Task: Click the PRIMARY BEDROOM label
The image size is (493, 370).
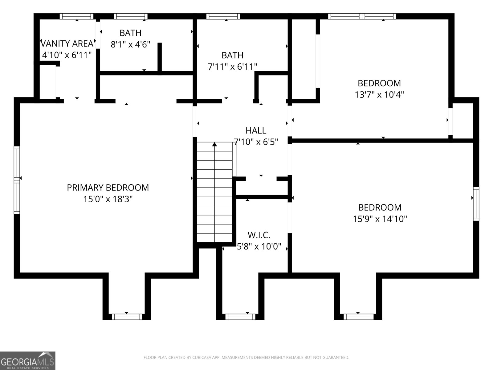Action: tap(108, 187)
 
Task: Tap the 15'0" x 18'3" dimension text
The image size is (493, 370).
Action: tap(108, 199)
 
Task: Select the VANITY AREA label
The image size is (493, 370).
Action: tap(67, 43)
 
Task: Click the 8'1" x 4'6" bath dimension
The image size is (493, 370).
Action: tap(130, 45)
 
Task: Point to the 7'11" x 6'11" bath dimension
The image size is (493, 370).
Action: tap(232, 67)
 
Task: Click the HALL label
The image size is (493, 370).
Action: tap(256, 131)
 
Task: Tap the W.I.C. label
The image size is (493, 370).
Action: tap(259, 235)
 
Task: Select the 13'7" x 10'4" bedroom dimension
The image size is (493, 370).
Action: tap(379, 95)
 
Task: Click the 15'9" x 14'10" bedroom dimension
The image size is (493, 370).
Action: tap(380, 219)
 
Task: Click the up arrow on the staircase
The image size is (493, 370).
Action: tap(214, 144)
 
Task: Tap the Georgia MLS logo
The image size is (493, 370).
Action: tap(28, 361)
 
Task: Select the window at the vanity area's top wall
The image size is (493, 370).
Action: tap(76, 16)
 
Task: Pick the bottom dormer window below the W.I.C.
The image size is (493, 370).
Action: tap(240, 317)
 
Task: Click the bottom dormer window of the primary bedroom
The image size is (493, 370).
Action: tap(127, 317)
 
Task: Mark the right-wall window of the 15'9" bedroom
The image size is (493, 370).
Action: tap(476, 203)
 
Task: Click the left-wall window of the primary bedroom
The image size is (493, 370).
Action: tap(17, 180)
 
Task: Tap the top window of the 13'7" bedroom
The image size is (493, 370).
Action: tap(362, 16)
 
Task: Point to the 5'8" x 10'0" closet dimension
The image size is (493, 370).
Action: tap(259, 247)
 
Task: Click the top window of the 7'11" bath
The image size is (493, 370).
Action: tap(223, 16)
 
